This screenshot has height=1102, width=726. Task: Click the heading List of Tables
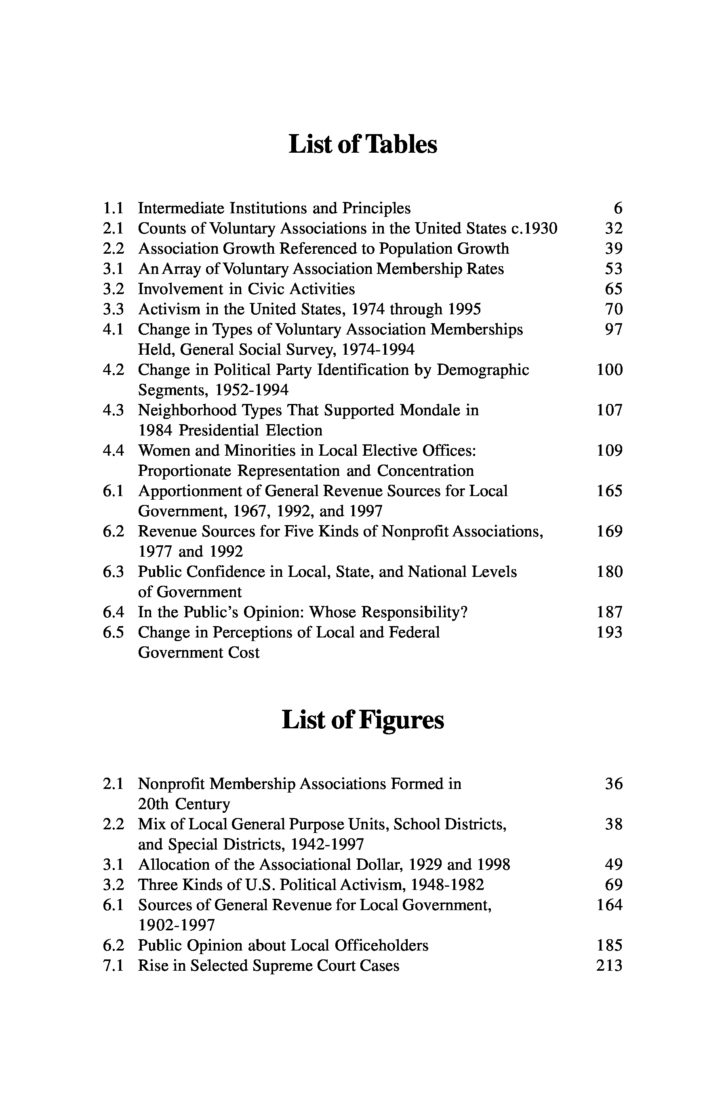[x=362, y=145]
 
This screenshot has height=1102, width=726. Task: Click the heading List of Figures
[x=362, y=721]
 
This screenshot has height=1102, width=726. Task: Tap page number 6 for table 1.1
[x=618, y=208]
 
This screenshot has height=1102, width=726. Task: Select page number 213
[x=609, y=966]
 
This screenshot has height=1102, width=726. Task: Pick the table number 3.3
[x=114, y=309]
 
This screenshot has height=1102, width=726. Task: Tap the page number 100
[x=609, y=370]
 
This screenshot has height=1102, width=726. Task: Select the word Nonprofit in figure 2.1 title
[x=171, y=784]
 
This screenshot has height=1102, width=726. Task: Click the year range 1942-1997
[x=327, y=845]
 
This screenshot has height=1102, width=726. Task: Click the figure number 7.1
[x=114, y=966]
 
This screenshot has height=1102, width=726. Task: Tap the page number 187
[x=609, y=612]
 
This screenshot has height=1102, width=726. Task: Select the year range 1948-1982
[x=447, y=885]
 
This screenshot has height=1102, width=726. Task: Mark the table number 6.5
[x=114, y=633]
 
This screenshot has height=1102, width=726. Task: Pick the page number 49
[x=614, y=864]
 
